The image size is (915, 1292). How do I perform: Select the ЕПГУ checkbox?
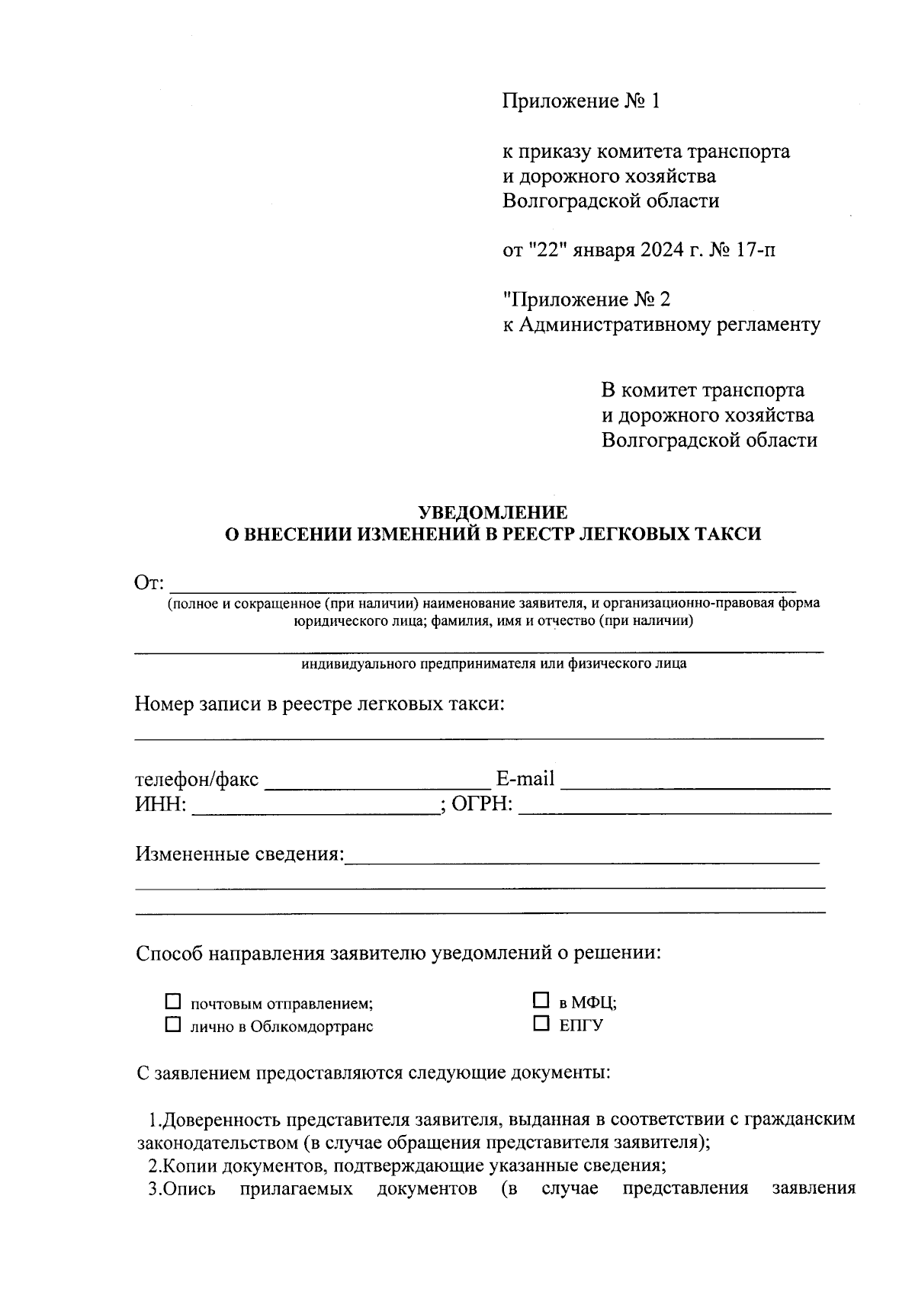click(x=541, y=1023)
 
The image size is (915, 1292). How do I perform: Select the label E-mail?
click(x=525, y=779)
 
